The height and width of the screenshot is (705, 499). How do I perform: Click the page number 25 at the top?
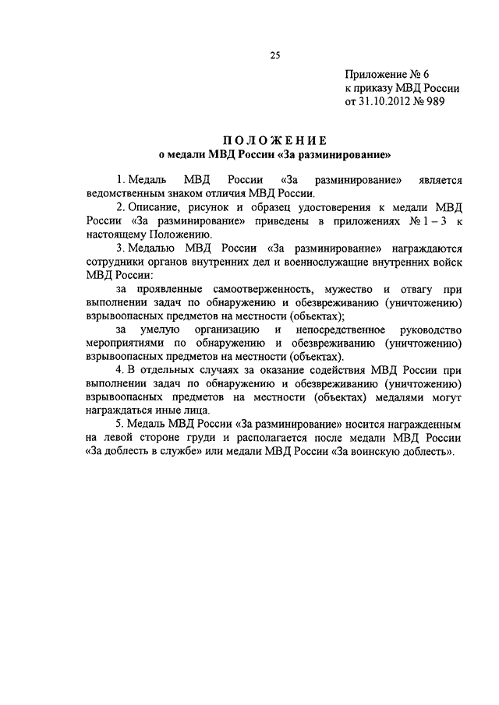274,55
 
